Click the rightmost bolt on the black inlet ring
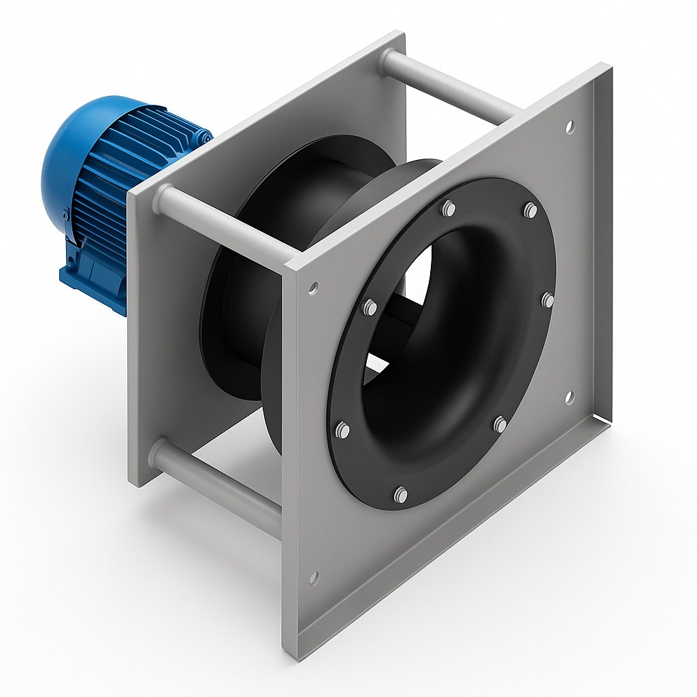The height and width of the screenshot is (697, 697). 547,299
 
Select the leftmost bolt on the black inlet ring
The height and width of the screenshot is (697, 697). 342,429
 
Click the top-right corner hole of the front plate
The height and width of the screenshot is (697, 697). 570,126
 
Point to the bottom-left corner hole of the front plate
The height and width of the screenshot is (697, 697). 314,578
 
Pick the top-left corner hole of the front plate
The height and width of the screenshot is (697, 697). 313,288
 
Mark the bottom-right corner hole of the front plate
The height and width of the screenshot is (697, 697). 570,396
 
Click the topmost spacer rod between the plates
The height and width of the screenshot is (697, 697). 449,85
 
